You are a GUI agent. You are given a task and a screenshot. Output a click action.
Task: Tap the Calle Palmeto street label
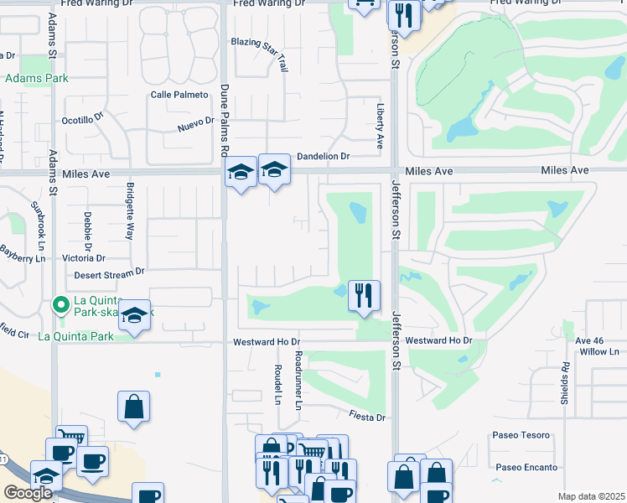click(179, 95)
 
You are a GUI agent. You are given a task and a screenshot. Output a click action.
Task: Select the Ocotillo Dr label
click(82, 120)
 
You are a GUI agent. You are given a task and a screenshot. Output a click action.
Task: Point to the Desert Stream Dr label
click(109, 272)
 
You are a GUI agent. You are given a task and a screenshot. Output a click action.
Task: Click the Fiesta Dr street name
click(368, 417)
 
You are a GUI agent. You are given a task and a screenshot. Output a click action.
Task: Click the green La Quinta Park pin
click(60, 304)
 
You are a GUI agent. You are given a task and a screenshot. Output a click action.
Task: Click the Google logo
click(28, 493)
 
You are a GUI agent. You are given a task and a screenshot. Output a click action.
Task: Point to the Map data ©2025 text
click(591, 496)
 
